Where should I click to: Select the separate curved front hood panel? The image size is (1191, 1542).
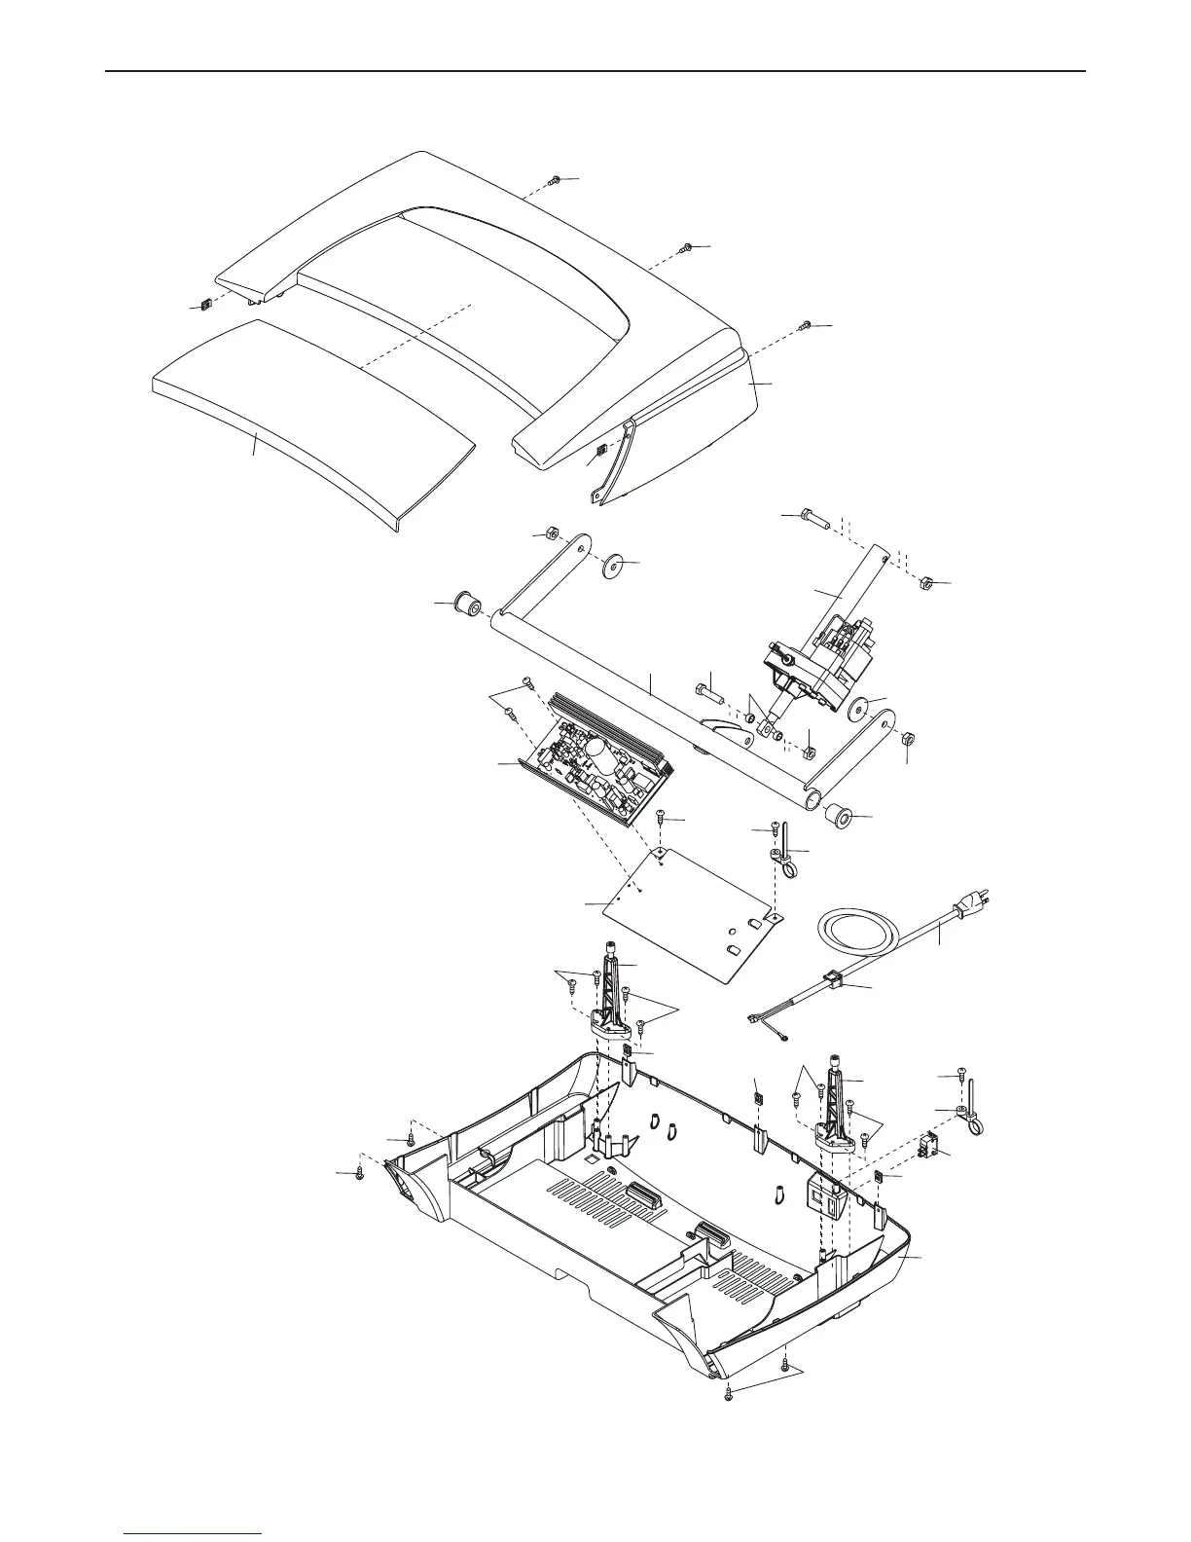tap(311, 419)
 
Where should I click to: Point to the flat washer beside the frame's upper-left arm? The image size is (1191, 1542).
tap(614, 566)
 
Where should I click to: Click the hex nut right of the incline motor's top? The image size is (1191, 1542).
tap(927, 583)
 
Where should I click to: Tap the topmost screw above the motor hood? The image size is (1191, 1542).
tap(555, 180)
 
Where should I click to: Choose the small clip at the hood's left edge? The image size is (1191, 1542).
tap(206, 305)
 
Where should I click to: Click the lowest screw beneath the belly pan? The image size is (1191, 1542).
tap(729, 1398)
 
